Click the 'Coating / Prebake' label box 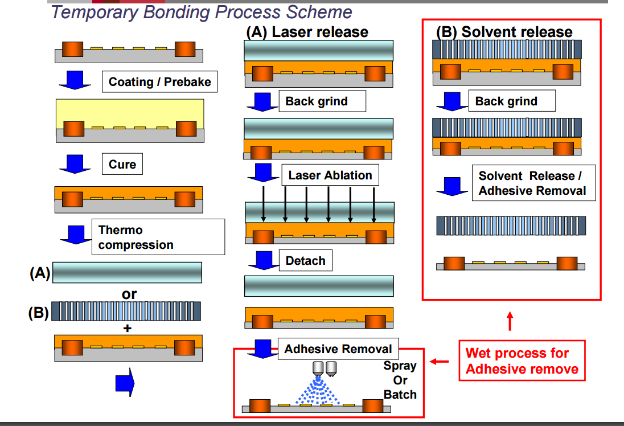[x=159, y=81]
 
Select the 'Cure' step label [x=122, y=164]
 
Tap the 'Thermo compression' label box [x=158, y=237]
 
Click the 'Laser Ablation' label [x=330, y=175]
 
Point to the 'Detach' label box [x=306, y=260]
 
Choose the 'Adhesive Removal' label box [x=338, y=349]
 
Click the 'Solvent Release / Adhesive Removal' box [x=533, y=183]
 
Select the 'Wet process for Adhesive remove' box [x=522, y=361]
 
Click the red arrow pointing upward [x=510, y=321]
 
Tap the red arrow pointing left [x=440, y=362]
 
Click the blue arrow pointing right [x=125, y=382]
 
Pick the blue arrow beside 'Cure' [x=75, y=164]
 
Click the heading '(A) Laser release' [x=307, y=32]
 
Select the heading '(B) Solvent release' [x=504, y=32]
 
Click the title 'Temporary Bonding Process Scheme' [x=202, y=12]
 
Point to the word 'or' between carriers [x=129, y=294]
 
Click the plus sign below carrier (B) [x=128, y=328]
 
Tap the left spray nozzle [x=318, y=368]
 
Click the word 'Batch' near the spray [x=400, y=395]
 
